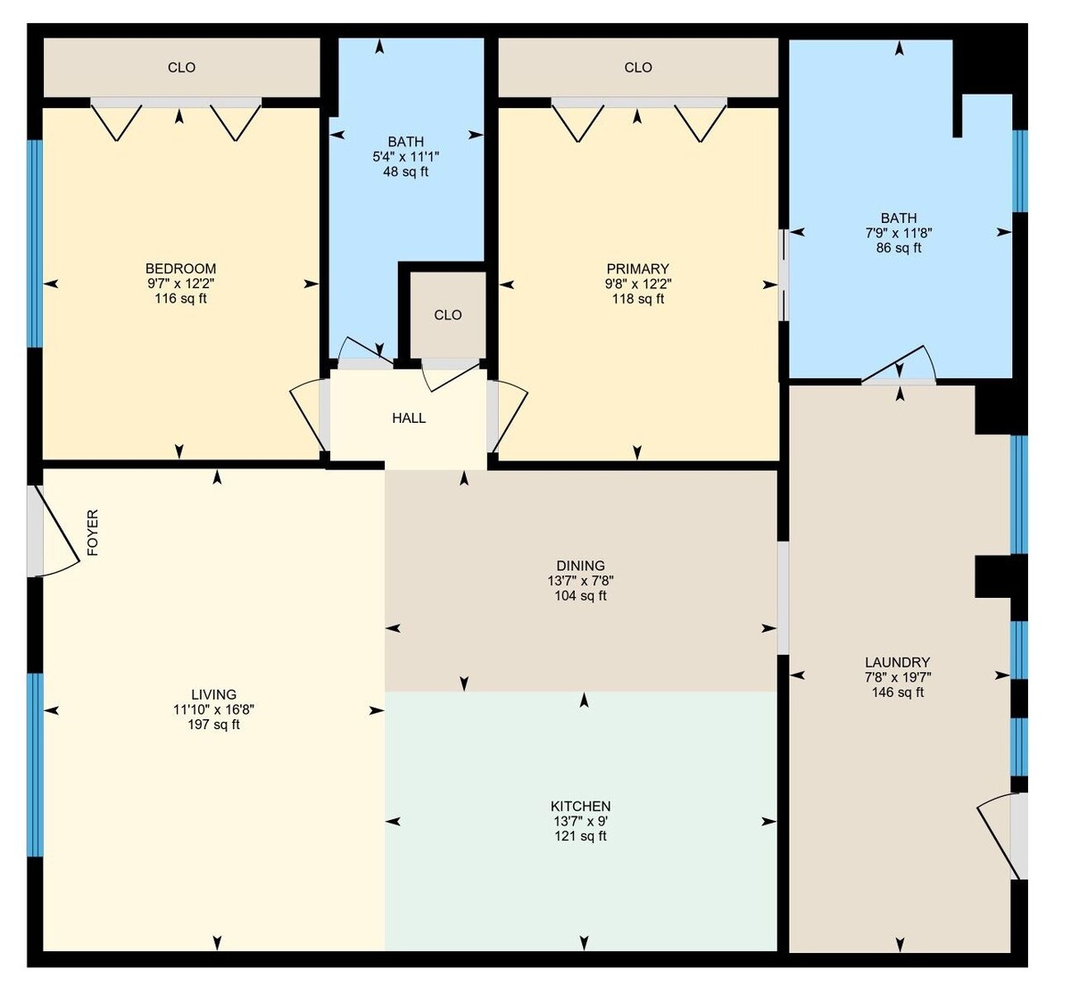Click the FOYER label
[93, 533]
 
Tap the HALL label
[409, 418]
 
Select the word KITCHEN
[580, 806]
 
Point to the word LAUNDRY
[898, 662]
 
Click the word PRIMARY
[637, 269]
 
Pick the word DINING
[580, 566]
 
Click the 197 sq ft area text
[213, 725]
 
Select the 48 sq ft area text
[406, 172]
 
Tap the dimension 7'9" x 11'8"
[899, 233]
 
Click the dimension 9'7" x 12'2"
[181, 284]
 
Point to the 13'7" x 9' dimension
[580, 821]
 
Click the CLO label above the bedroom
[181, 68]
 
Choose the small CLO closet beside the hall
[447, 315]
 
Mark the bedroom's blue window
[35, 244]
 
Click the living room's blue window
[35, 765]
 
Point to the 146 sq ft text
[898, 692]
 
